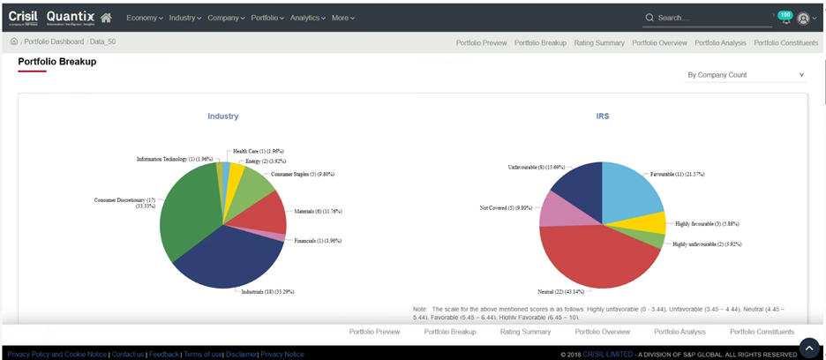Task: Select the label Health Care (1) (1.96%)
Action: coord(258,152)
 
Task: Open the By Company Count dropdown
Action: coord(746,75)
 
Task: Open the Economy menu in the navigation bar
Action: coord(145,18)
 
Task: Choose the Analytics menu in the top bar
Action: coord(309,18)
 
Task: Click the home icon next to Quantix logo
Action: coord(106,18)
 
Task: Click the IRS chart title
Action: coord(602,116)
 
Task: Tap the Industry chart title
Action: coord(222,116)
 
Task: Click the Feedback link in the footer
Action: coord(163,354)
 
